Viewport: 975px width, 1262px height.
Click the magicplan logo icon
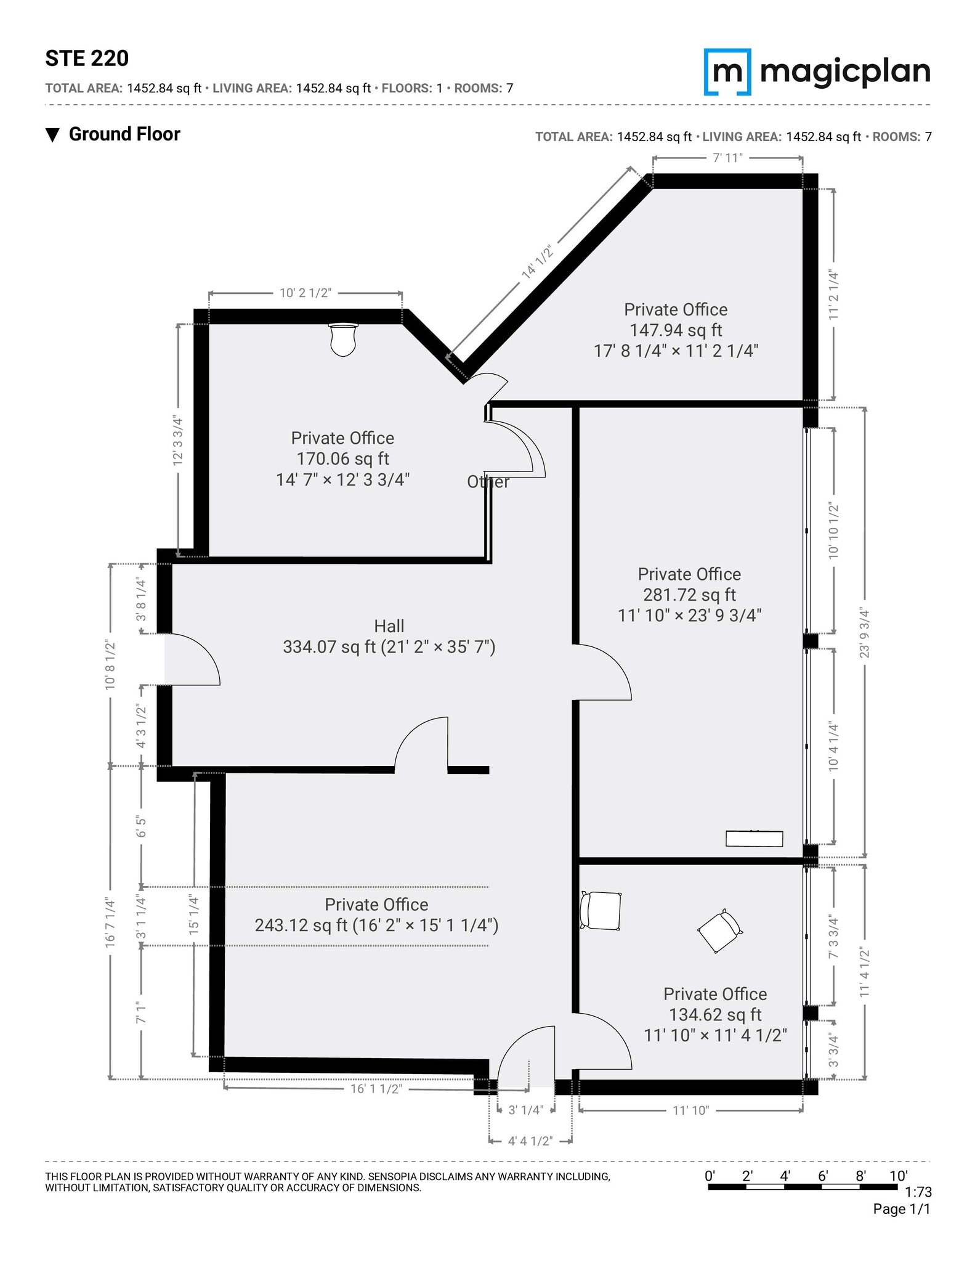pos(727,72)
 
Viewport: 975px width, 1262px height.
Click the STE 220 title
pos(87,59)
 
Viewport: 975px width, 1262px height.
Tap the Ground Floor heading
pos(124,134)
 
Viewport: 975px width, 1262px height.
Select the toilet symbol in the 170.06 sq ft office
pos(343,339)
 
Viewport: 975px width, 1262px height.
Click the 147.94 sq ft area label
pos(676,330)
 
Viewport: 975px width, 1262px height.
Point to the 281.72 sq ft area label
pos(689,595)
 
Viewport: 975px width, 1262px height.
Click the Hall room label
pos(389,626)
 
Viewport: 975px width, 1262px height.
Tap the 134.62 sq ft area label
pos(715,1014)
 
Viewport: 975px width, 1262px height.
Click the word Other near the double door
pos(488,482)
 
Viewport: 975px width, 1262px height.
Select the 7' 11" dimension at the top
pos(727,158)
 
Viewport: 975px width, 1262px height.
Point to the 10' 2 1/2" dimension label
pos(305,293)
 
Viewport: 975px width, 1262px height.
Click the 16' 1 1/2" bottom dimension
pos(376,1089)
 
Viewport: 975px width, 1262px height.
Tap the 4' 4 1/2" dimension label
pos(530,1141)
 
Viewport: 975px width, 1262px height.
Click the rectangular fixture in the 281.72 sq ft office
pos(754,839)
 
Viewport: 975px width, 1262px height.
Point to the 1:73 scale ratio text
pos(918,1193)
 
